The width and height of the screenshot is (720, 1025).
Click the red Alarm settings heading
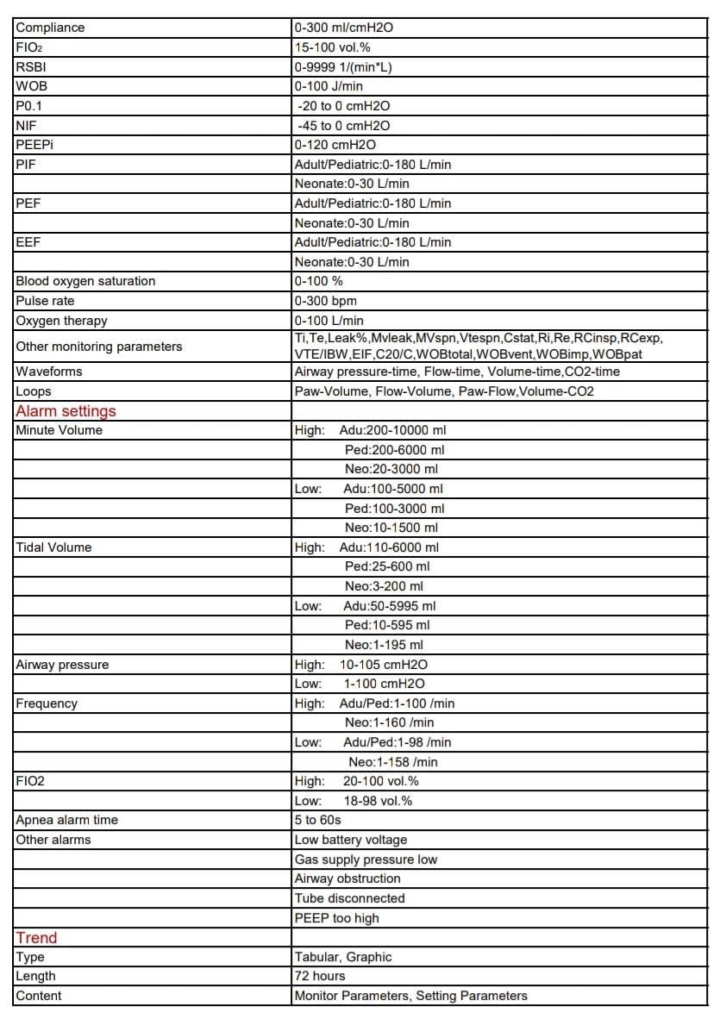[x=66, y=411]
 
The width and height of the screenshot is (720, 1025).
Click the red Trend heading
[x=36, y=938]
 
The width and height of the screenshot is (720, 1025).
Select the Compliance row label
[x=50, y=28]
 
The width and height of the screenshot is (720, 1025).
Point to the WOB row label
[x=28, y=86]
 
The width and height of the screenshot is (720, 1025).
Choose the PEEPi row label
[x=34, y=145]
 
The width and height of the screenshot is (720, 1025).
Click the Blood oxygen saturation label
[x=85, y=281]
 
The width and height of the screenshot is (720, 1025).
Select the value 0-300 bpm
[x=325, y=301]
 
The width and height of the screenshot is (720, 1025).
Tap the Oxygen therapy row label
[x=61, y=321]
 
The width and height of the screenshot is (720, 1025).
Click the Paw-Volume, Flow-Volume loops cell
[x=444, y=391]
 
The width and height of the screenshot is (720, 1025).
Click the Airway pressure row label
[x=62, y=665]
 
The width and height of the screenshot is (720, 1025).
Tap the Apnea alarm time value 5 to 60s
[x=317, y=820]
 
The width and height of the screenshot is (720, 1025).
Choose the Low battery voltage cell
[x=350, y=840]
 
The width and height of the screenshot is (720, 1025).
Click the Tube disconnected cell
[x=349, y=898]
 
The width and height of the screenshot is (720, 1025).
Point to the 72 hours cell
[x=319, y=976]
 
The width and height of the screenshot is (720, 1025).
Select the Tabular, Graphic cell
[x=342, y=957]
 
